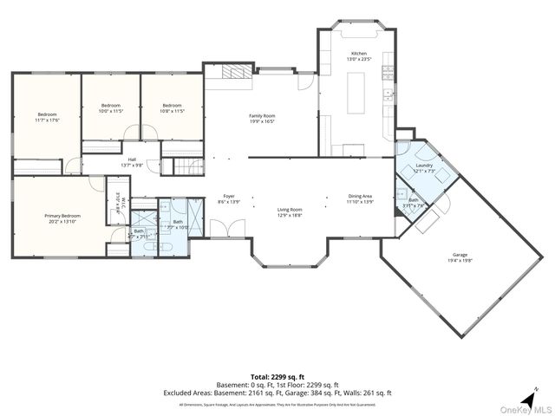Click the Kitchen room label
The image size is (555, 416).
[358, 54]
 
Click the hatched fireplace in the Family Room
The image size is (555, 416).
[231, 73]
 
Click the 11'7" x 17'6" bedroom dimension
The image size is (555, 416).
[47, 120]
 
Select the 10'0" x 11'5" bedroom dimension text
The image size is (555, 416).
[111, 111]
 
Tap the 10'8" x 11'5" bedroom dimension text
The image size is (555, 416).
[171, 111]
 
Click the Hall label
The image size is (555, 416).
[133, 159]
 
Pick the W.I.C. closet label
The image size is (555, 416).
[122, 202]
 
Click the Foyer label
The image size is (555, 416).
[229, 196]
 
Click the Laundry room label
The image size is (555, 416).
[424, 165]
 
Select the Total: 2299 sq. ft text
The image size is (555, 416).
[277, 377]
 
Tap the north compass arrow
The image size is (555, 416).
[536, 389]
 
